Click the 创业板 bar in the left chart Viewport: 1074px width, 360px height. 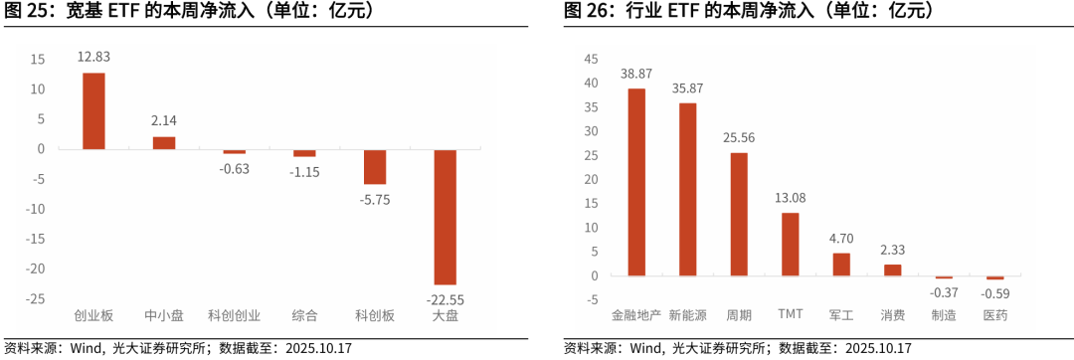(x=93, y=111)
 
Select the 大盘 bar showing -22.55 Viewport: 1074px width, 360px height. (x=445, y=217)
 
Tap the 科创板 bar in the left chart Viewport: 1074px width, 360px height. (x=375, y=167)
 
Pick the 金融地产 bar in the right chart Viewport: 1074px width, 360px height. (x=636, y=182)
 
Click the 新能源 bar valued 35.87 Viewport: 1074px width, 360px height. (x=687, y=189)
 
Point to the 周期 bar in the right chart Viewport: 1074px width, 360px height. (x=739, y=214)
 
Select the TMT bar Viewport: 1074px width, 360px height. (x=790, y=244)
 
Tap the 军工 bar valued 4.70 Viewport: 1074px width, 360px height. (x=841, y=265)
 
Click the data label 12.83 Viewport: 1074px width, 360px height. (x=93, y=57)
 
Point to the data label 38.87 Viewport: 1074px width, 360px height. (x=636, y=74)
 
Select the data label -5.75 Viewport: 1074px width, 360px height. (x=375, y=199)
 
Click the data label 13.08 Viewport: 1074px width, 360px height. (x=790, y=198)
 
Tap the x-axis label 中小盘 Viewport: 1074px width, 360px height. (x=164, y=315)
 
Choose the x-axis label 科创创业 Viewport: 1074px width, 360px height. (x=234, y=315)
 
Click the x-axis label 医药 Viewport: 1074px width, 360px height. (x=994, y=315)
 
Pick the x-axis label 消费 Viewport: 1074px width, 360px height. (x=892, y=315)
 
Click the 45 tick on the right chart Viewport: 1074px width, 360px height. (x=592, y=59)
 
